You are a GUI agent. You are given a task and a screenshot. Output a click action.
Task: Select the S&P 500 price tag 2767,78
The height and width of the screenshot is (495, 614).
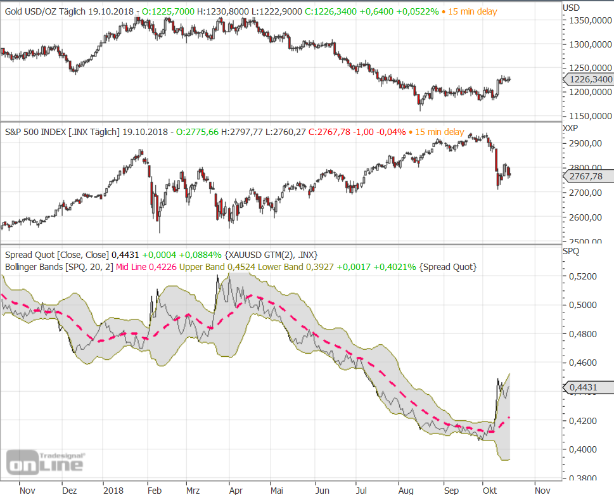587,177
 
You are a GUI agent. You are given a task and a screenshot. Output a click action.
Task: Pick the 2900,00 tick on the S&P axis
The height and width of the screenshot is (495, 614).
585,143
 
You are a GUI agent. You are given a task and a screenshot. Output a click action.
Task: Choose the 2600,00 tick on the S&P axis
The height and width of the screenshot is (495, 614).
585,217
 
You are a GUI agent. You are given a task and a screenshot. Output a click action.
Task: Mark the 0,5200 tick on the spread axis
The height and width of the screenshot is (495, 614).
581,276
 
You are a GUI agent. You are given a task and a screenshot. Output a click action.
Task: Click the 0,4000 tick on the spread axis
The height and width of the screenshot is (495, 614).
581,449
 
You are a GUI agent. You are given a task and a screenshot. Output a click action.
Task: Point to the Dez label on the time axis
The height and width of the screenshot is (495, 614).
70,490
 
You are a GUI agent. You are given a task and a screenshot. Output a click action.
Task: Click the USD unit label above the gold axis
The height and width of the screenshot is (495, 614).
572,8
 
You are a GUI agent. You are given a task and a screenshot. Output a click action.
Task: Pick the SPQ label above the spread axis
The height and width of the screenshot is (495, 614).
571,251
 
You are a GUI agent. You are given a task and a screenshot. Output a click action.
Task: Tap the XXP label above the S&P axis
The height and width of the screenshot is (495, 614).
572,128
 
